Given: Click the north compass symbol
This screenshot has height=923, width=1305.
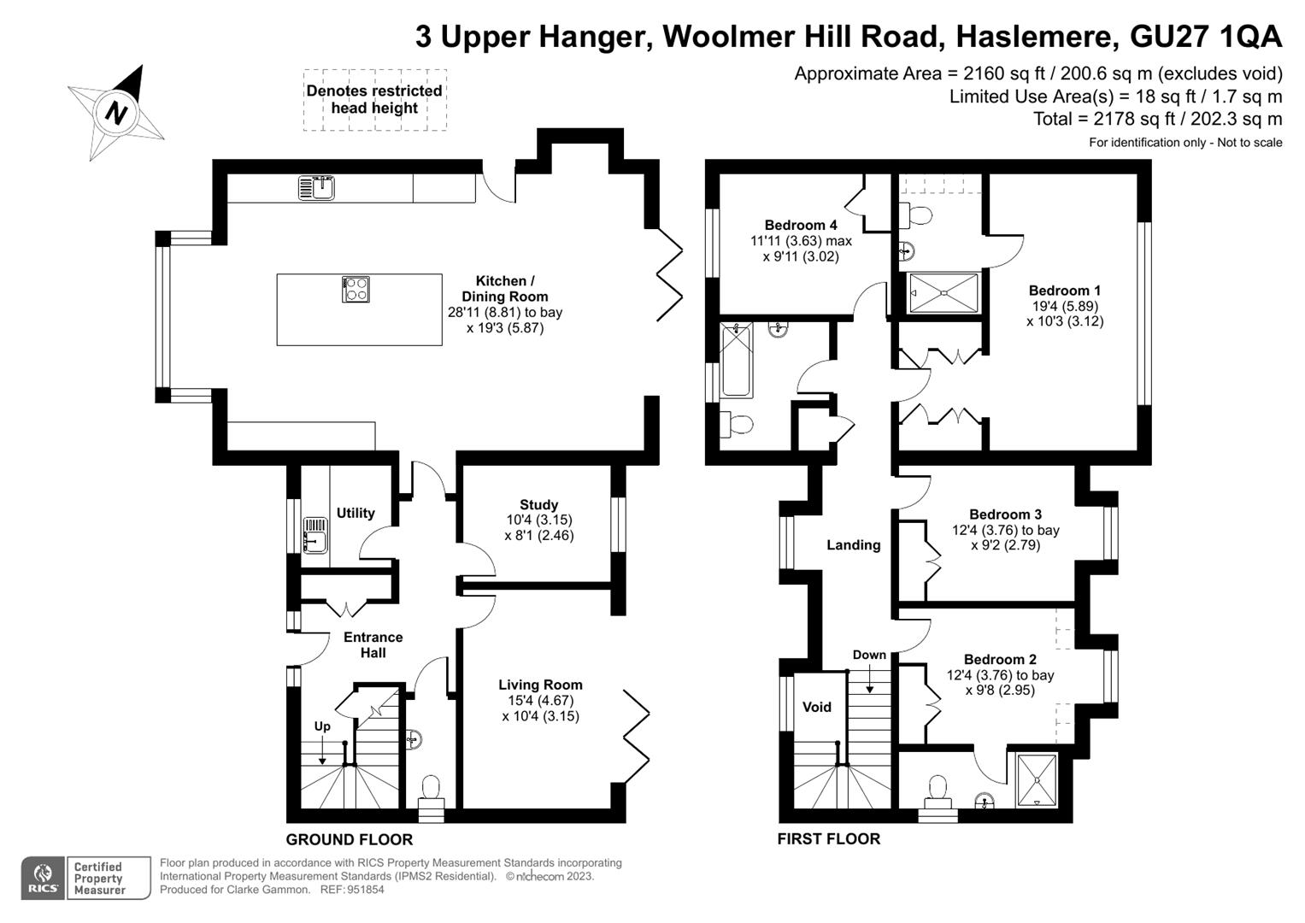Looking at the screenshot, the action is pos(116,113).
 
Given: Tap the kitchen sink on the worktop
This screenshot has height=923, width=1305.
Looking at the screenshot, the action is pos(316,188).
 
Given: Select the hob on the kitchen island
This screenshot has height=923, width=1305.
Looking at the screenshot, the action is pos(356,289).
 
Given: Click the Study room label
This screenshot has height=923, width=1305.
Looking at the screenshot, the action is pos(539,504).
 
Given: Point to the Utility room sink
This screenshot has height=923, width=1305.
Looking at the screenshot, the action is pos(315,534).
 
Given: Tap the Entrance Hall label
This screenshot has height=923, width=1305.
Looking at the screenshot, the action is pos(373,644).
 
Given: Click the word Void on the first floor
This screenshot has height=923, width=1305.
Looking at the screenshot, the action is pos(817,707).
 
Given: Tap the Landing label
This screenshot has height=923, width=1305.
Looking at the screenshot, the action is pos(854,545).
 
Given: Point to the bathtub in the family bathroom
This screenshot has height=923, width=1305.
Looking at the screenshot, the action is pos(737,360).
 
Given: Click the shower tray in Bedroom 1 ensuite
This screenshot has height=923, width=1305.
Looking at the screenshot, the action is pos(943,292).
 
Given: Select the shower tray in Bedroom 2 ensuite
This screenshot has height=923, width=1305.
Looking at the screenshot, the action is pos(1037,780).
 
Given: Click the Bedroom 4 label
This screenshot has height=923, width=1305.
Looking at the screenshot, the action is pos(801,225).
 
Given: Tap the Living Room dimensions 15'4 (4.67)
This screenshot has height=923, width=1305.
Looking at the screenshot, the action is pos(540,701).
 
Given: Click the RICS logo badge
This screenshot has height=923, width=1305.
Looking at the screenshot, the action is pos(43,878).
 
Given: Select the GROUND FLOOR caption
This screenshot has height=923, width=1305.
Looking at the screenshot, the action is pos(349,839).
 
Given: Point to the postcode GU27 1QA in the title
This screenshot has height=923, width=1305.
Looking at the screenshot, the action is pos(1205,37).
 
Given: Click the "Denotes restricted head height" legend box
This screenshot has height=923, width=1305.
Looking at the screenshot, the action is pos(375,100).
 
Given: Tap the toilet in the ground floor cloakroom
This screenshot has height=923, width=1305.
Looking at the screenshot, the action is pos(431,798).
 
